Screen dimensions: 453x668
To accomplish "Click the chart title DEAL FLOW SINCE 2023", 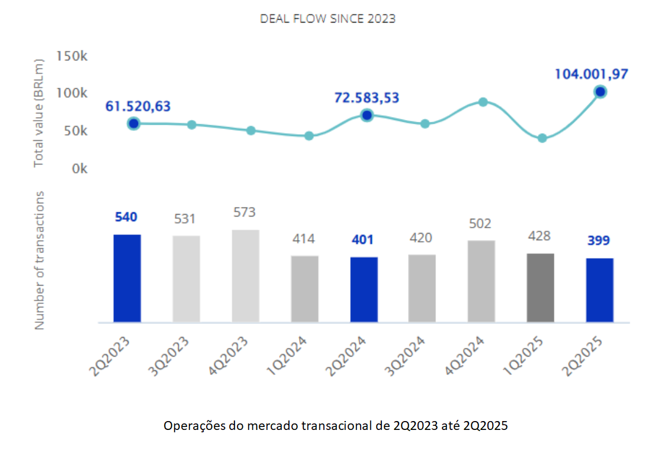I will pos(327,19).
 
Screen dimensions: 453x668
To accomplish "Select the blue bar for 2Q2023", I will pos(127,278).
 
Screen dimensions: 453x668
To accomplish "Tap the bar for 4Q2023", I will pos(245,276).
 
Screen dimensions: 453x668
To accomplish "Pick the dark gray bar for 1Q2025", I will pos(540,287).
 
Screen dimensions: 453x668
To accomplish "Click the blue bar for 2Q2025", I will pos(599,290).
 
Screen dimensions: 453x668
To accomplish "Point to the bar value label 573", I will pos(245,212).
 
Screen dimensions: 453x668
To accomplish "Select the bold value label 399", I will pos(599,241).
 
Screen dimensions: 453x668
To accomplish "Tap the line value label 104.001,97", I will pos(591,75).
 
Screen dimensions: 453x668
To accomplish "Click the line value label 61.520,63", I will pos(138,106).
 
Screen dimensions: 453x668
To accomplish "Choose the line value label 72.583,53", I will pos(367,98).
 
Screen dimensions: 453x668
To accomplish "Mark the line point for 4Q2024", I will pos(483,102).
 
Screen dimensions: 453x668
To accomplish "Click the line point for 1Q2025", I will pos(542,138).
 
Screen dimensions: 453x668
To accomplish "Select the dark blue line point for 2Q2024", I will pos(367,115).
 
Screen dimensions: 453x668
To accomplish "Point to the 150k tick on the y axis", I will pos(72,56).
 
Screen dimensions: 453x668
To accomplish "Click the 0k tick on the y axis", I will pos(79,169).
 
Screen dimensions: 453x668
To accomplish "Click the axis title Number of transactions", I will pos(40,260).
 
